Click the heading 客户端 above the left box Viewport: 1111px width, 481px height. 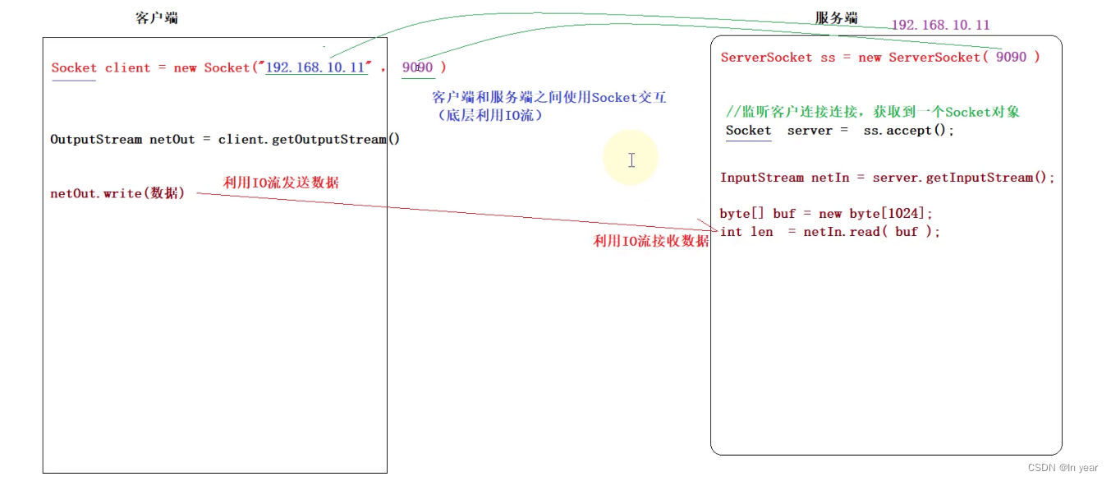[156, 19]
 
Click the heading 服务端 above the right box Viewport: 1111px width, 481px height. [836, 19]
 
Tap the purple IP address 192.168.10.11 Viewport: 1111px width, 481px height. [940, 25]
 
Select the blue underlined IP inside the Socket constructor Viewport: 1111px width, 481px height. [316, 67]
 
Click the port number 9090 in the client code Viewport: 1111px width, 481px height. [417, 67]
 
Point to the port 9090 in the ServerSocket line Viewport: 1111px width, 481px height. [1011, 57]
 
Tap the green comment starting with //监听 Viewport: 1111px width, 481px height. [873, 112]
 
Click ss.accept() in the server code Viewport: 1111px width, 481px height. [909, 131]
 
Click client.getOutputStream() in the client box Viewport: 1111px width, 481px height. [309, 139]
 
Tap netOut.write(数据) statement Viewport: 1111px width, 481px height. [117, 194]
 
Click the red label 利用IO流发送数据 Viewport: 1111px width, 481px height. [281, 183]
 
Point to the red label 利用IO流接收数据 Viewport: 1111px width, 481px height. [650, 241]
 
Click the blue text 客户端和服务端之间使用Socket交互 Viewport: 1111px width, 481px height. [549, 98]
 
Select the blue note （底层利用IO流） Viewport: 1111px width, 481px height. [489, 116]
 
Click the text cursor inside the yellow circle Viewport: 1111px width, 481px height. [631, 160]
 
